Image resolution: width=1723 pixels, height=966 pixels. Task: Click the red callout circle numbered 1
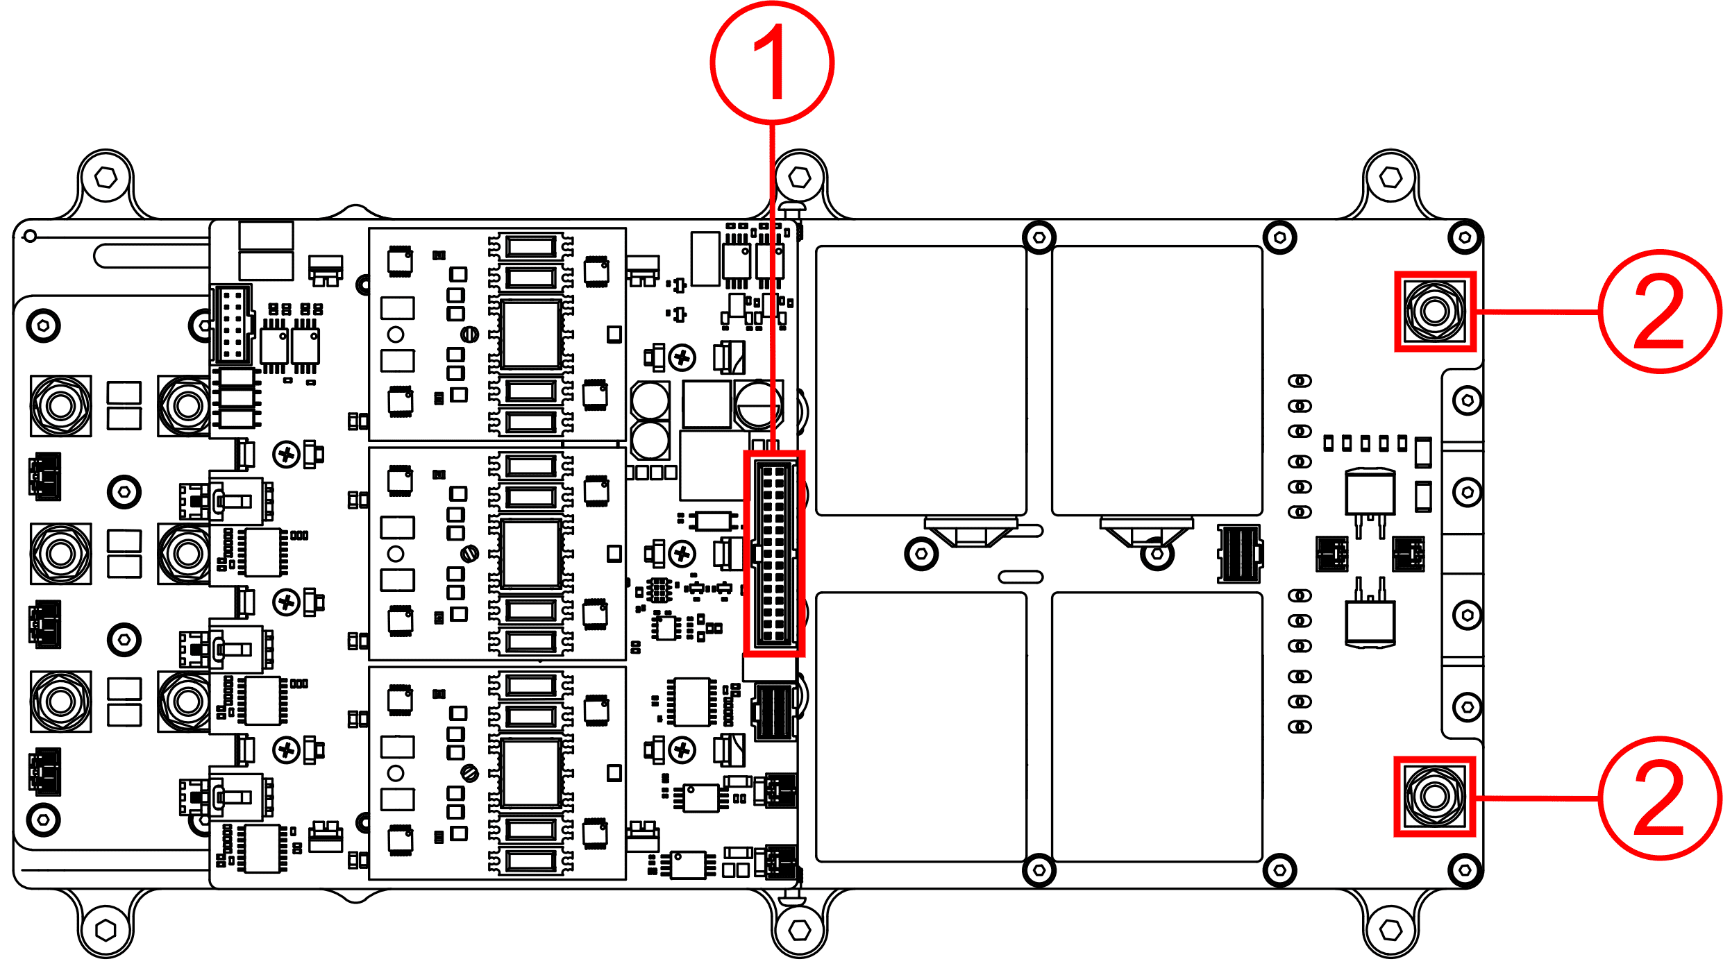[772, 62]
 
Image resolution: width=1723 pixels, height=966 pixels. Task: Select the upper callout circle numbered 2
[1659, 312]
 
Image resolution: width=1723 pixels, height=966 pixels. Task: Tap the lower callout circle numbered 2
[1659, 798]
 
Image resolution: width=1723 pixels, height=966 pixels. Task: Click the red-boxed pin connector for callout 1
[774, 553]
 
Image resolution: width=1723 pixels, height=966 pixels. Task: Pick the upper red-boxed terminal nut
[1435, 311]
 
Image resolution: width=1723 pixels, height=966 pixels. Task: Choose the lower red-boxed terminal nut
[1434, 796]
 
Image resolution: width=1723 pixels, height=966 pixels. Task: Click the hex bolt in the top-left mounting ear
[106, 178]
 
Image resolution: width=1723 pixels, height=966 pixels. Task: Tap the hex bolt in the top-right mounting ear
[1390, 178]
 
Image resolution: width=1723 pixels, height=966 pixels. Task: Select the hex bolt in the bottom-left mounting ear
[106, 929]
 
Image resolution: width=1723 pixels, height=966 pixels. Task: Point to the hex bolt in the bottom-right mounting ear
[1390, 929]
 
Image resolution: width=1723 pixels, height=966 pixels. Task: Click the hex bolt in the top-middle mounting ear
[800, 178]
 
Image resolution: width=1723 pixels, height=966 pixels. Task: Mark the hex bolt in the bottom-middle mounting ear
[800, 929]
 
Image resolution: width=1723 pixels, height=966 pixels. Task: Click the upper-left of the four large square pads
[921, 380]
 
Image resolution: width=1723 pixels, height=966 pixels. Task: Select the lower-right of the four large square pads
[1157, 727]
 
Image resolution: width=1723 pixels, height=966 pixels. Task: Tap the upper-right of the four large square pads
[1157, 380]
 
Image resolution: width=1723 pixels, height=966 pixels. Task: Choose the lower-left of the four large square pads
[921, 727]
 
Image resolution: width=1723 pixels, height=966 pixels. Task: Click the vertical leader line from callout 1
[772, 278]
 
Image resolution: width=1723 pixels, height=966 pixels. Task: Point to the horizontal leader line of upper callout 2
[1538, 312]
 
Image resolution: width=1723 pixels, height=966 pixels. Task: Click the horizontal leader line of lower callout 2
[1538, 798]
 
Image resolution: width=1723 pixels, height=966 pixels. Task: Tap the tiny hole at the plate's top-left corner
[30, 237]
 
